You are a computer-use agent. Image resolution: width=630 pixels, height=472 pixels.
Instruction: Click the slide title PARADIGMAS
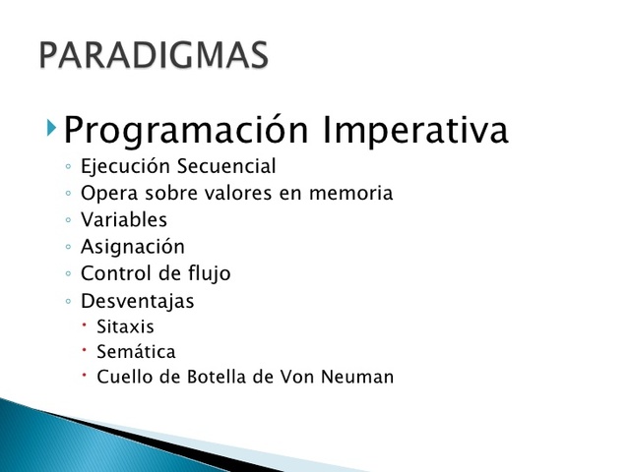[x=154, y=54]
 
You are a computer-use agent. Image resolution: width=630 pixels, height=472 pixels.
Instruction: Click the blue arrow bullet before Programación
[x=51, y=127]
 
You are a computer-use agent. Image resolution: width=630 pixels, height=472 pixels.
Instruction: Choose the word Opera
[x=106, y=194]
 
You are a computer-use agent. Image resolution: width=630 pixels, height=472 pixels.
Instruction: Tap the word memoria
[x=350, y=194]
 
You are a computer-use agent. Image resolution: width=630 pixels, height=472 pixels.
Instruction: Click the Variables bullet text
[x=124, y=220]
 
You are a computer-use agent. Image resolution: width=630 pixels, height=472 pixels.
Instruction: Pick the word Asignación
[x=132, y=247]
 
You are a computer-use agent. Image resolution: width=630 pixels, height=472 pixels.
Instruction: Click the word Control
[x=113, y=273]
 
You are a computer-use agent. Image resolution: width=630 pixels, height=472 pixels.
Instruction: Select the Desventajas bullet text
[x=137, y=301]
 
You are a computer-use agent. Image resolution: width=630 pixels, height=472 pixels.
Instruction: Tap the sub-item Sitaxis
[x=125, y=326]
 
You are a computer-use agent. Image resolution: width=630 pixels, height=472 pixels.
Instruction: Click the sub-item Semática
[x=136, y=351]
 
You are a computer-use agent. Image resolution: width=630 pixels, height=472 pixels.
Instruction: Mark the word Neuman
[x=361, y=377]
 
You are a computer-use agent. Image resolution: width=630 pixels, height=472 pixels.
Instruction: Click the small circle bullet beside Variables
[x=66, y=221]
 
